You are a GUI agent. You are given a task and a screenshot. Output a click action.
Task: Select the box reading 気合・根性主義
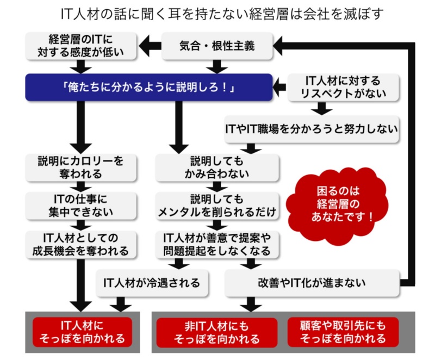[217, 46]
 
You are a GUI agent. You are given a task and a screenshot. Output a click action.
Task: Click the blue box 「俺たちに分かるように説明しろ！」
[148, 87]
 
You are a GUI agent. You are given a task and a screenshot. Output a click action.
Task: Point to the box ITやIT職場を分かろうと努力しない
[312, 129]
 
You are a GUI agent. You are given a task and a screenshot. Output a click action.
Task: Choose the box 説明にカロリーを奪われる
[81, 167]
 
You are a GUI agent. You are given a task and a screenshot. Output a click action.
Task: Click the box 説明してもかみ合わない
[217, 167]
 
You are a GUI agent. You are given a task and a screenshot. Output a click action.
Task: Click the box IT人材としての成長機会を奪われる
[81, 244]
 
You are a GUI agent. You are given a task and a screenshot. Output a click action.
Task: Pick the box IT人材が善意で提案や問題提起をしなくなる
[217, 244]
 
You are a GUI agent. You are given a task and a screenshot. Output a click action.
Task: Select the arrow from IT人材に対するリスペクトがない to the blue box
[279, 85]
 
